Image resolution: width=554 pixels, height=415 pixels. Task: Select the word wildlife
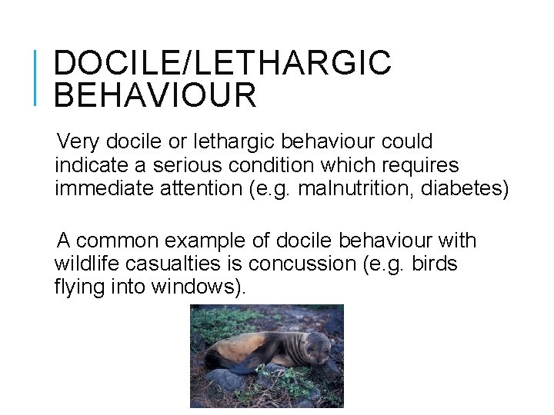point(85,264)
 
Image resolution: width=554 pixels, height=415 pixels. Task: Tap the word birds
point(435,264)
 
